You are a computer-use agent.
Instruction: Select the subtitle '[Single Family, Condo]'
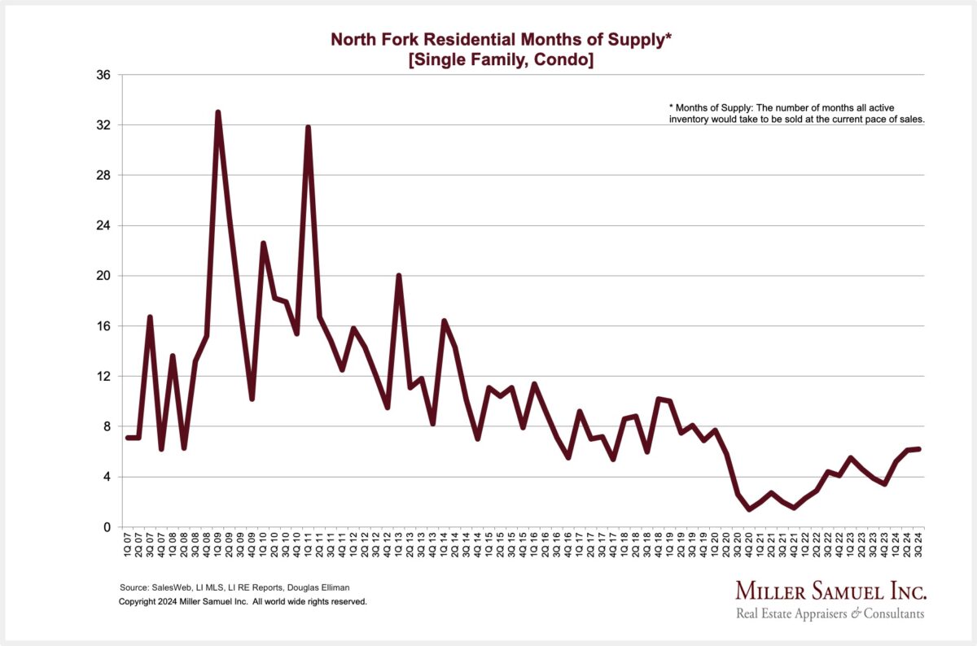point(501,60)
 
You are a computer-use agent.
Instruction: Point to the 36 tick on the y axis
point(104,75)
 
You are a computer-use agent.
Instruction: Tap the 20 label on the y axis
point(104,276)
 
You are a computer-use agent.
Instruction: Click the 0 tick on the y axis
point(107,527)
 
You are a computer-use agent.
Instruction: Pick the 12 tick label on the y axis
point(104,376)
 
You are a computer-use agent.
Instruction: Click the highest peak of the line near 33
point(217,112)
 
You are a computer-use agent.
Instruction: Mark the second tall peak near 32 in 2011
point(309,127)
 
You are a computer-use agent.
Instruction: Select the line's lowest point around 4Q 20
point(749,509)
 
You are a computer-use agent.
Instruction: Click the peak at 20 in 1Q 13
point(399,275)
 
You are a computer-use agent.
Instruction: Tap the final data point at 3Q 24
point(919,448)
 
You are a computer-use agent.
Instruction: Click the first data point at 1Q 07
point(127,438)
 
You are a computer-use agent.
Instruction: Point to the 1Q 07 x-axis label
point(127,545)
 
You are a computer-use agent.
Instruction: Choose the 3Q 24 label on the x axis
point(919,545)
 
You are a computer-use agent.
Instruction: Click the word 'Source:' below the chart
point(134,587)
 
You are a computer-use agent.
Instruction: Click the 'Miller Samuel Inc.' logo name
point(830,591)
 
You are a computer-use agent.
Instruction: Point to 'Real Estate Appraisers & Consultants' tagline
point(830,613)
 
